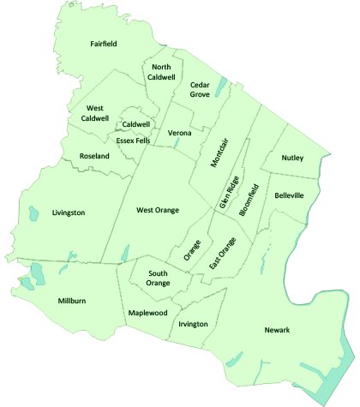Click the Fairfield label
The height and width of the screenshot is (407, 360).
click(x=104, y=43)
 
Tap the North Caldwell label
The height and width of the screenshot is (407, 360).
click(x=161, y=72)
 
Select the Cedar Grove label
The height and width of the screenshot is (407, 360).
click(x=200, y=90)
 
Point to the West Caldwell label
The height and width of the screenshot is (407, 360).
click(x=95, y=113)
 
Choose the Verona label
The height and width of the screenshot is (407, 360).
click(x=180, y=134)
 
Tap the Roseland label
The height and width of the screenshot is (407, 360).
click(x=94, y=157)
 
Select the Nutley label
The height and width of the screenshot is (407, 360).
click(x=293, y=159)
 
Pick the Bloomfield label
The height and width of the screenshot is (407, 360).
click(x=248, y=200)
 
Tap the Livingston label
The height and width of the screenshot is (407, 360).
click(x=69, y=212)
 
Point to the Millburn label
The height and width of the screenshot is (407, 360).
click(x=71, y=302)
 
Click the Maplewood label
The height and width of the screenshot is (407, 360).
click(x=147, y=313)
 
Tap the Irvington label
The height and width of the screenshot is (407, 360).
click(x=193, y=324)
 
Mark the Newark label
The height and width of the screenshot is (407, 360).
click(x=278, y=330)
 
